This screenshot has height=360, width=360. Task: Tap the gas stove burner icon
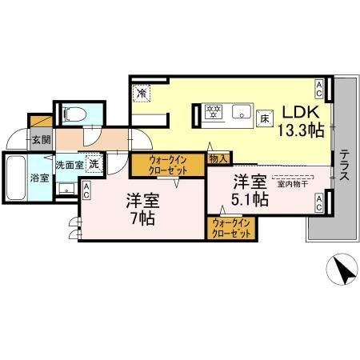(x=214, y=112)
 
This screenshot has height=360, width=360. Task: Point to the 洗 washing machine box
(x=94, y=164)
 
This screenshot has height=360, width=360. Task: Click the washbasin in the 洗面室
(x=66, y=189)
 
